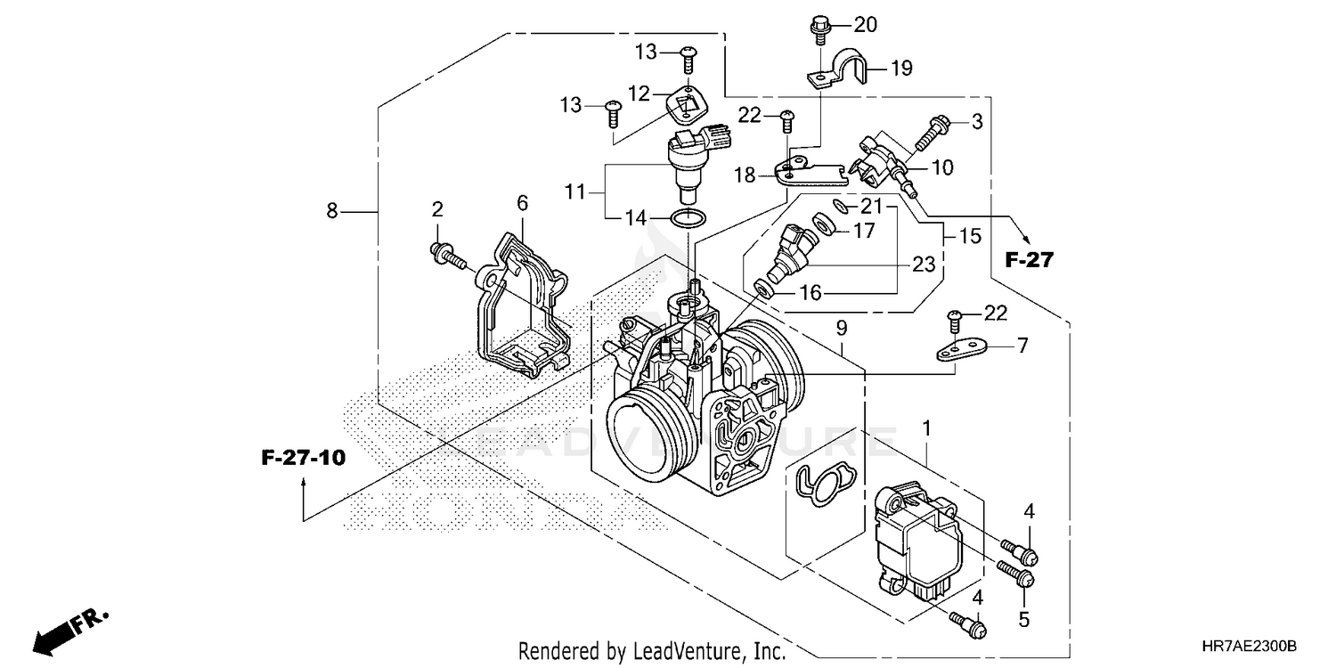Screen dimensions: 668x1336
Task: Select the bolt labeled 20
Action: click(x=817, y=29)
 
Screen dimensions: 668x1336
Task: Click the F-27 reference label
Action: click(x=1029, y=260)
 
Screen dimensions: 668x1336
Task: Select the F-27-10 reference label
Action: click(x=303, y=459)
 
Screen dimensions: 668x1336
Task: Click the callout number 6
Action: click(x=523, y=204)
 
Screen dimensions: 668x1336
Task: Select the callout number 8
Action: click(x=332, y=211)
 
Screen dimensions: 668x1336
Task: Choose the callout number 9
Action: click(x=842, y=328)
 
